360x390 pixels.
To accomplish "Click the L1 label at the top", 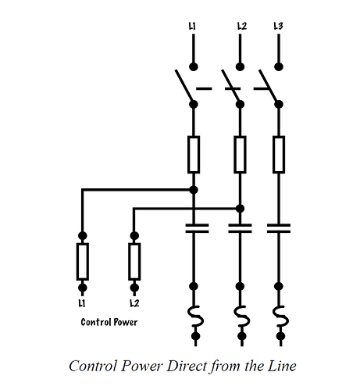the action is [192, 26].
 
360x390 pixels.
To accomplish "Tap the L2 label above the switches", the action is [242, 26].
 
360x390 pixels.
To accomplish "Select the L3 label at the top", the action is [278, 26].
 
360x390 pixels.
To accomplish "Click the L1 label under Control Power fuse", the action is [82, 303].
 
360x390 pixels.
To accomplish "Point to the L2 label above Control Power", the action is [134, 303].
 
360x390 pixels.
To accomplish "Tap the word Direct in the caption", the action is [187, 366].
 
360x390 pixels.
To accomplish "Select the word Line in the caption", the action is [282, 366].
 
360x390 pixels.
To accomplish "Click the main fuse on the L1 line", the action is [194, 155].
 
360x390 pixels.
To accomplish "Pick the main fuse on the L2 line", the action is [240, 155].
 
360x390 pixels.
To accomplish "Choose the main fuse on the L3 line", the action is [279, 155].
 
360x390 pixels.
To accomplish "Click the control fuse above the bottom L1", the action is [83, 262].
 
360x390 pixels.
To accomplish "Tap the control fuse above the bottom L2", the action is [134, 262].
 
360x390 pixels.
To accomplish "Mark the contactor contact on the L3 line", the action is [279, 228].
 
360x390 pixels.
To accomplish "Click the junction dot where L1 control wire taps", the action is [194, 190].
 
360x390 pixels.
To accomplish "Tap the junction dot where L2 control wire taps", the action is [240, 209].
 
